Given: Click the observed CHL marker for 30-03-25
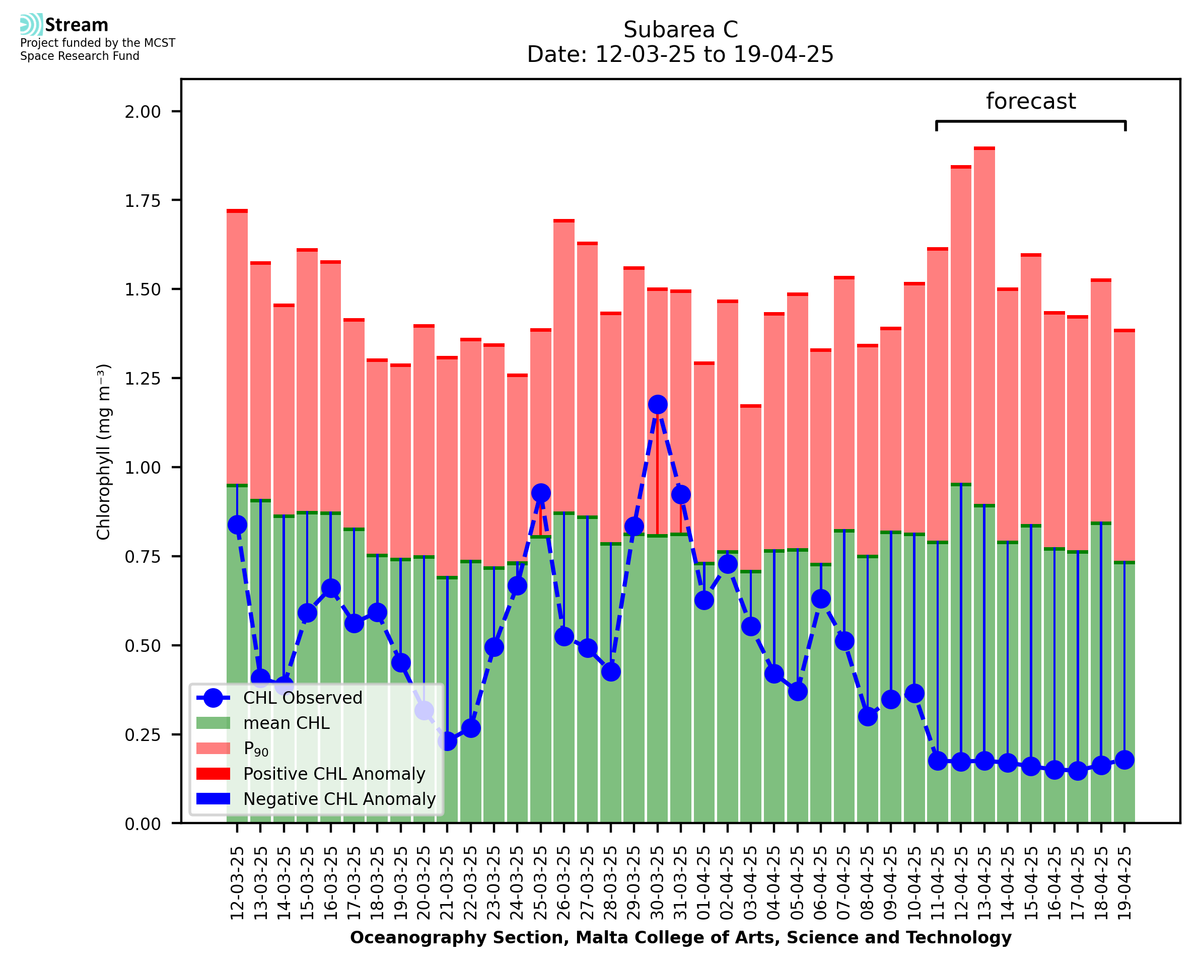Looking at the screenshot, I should pos(657,404).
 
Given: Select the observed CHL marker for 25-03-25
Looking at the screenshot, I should pos(540,493).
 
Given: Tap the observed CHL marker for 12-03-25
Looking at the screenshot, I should pos(237,525).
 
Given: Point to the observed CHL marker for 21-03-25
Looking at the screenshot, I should pos(447,741).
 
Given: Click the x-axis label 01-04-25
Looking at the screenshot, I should pos(704,883).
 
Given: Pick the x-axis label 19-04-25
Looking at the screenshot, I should pos(1124,883).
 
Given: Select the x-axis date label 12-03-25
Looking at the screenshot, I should pos(237,883).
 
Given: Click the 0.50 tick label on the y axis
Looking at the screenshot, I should pos(142,646).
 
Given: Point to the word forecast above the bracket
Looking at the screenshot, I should pos(1031,101).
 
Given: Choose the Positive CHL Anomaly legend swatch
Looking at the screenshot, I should pos(214,774).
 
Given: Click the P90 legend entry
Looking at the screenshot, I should pos(256,749).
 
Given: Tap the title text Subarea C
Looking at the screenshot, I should pos(680,30).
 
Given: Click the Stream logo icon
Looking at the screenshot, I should pos(31,25).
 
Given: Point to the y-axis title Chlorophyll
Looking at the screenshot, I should pos(104,452).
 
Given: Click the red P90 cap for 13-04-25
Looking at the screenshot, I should pos(984,148).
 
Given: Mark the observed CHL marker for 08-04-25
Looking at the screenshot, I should pos(868,716).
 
